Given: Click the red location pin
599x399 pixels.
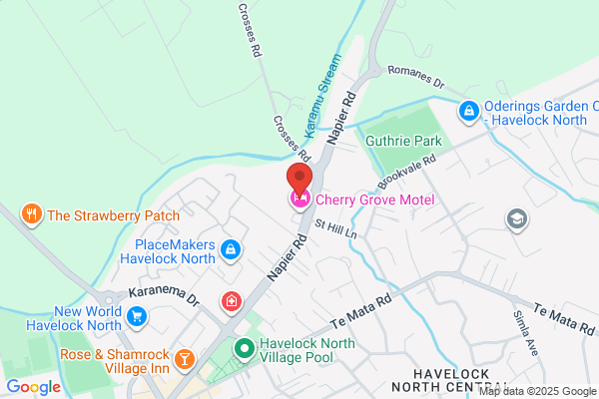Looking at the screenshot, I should click(299, 177).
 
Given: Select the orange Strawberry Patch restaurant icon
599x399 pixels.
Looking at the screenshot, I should click(32, 214).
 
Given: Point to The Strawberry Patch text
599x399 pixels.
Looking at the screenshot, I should click(113, 214).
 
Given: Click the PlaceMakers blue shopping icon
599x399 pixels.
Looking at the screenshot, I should click(231, 248).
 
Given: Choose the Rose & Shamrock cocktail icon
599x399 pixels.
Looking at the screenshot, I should click(184, 357).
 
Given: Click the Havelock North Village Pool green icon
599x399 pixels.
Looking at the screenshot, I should click(243, 349).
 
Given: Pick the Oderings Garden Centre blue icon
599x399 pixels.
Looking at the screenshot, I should click(467, 111).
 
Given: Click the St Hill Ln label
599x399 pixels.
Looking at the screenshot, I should click(334, 232).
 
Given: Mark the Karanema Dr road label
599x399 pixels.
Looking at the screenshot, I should click(165, 296).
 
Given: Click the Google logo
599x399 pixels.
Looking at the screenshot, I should click(33, 387).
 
